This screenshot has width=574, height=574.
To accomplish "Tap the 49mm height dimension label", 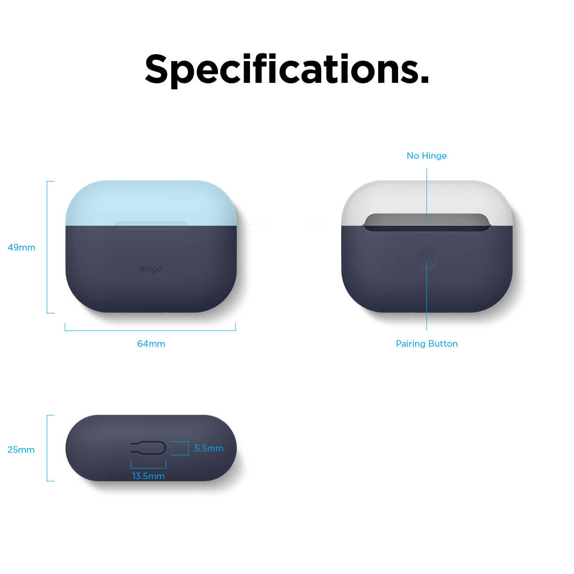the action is coord(21,248).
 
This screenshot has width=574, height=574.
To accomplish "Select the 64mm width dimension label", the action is coord(151,344).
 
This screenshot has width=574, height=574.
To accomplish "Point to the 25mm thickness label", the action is coord(21,449).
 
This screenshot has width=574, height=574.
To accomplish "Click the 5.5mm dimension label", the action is coord(209,448).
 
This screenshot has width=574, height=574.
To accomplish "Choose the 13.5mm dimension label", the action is coord(148,476).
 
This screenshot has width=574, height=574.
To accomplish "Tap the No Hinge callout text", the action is coord(426,156).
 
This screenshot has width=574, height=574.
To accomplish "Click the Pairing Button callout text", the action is coord(426,344).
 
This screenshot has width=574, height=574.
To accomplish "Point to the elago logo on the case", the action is coord(151,269).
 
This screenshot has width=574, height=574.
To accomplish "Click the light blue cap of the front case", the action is coord(151,203).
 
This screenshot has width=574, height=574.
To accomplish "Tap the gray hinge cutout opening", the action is coord(426,221).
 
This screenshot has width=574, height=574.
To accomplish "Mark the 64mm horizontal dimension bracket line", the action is coord(150,331).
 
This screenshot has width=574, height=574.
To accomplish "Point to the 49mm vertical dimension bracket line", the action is coord(47,247).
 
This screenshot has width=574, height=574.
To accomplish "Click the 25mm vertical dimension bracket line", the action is coord(47,448).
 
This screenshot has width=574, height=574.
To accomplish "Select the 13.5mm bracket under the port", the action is coord(148,468).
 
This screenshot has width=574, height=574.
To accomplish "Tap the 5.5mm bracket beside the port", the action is coord(188,448).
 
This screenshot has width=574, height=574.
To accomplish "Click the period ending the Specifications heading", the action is coord(425,79).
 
